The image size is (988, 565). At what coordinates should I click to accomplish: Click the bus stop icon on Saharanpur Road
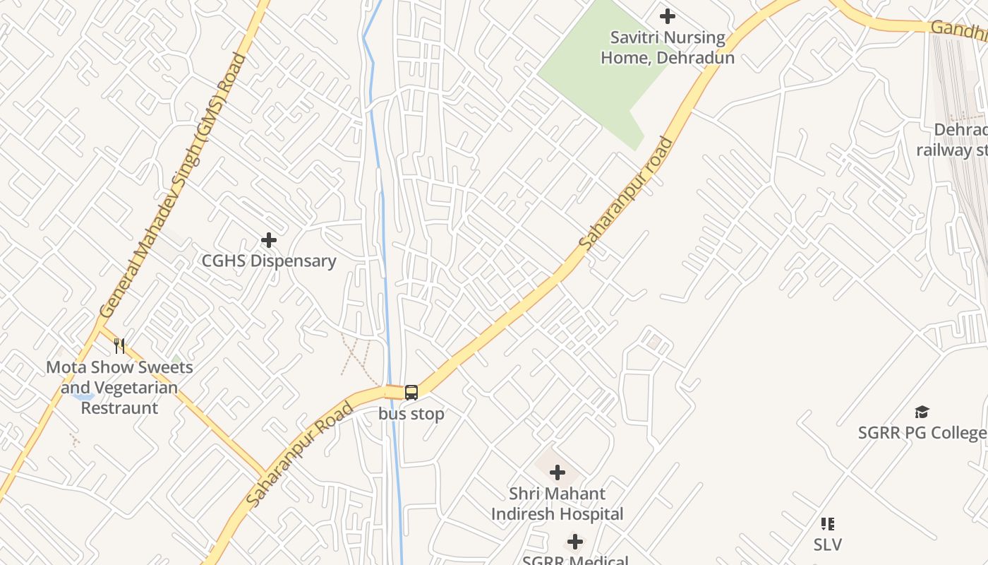pos(411,393)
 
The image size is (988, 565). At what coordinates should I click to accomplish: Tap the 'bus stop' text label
pos(411,414)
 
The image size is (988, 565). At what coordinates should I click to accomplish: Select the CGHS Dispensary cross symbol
pos(269,240)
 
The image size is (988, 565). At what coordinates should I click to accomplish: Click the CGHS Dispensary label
pos(269,261)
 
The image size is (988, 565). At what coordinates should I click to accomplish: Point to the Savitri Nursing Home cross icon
pos(667,16)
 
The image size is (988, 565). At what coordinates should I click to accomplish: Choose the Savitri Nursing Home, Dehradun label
pos(667,47)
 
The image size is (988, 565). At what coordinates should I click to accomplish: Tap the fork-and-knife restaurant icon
pos(119,346)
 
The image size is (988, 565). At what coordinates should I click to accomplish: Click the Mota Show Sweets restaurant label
pos(119,387)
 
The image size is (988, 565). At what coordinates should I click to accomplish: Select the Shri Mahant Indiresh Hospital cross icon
pos(558,472)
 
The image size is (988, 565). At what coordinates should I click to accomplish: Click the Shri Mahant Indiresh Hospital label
pos(558,504)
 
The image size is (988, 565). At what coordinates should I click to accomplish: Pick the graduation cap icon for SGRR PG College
pos(922,412)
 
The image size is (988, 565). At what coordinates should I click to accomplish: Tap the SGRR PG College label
pos(922,432)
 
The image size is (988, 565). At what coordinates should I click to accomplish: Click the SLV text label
pos(827,545)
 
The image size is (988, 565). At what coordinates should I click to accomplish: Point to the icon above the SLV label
pos(827,524)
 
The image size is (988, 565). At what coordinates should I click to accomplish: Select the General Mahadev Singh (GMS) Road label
pos(172,186)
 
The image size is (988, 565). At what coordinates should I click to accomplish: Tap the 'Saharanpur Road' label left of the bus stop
pos(301,453)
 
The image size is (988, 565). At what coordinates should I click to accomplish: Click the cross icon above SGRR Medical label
pos(575,542)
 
